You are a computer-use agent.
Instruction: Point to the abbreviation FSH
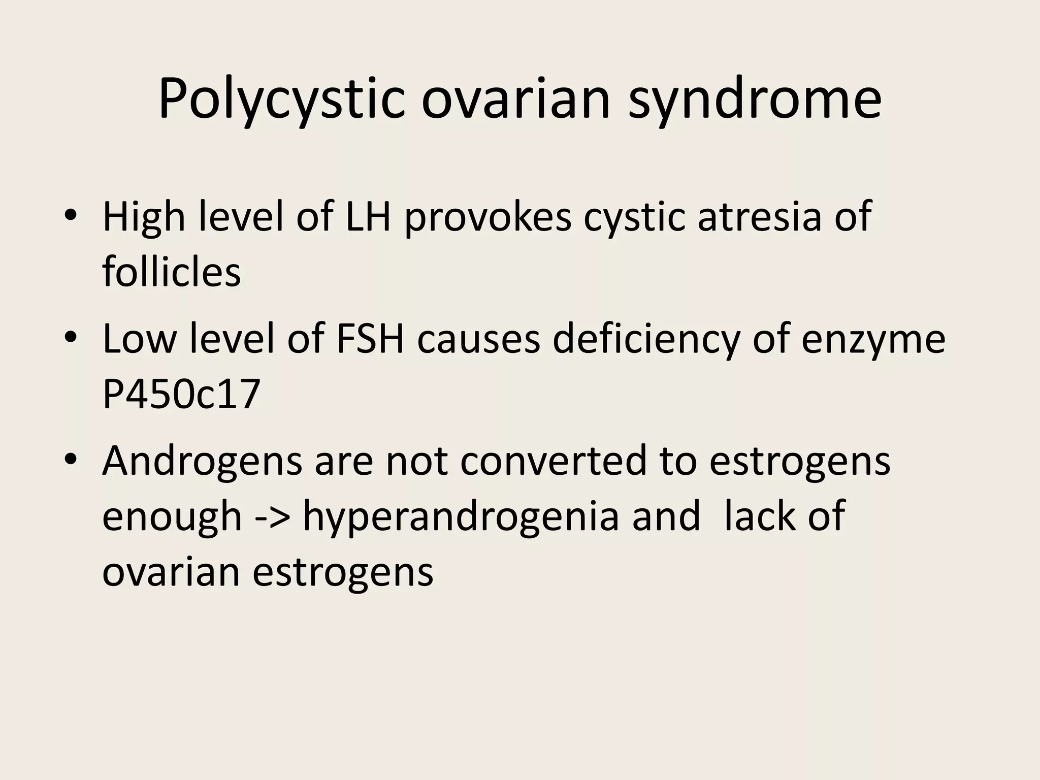pyautogui.click(x=370, y=339)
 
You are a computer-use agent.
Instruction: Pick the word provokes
pyautogui.click(x=488, y=217)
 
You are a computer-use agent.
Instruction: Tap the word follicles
pyautogui.click(x=171, y=272)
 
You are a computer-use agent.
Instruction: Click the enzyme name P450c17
pyautogui.click(x=181, y=395)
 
